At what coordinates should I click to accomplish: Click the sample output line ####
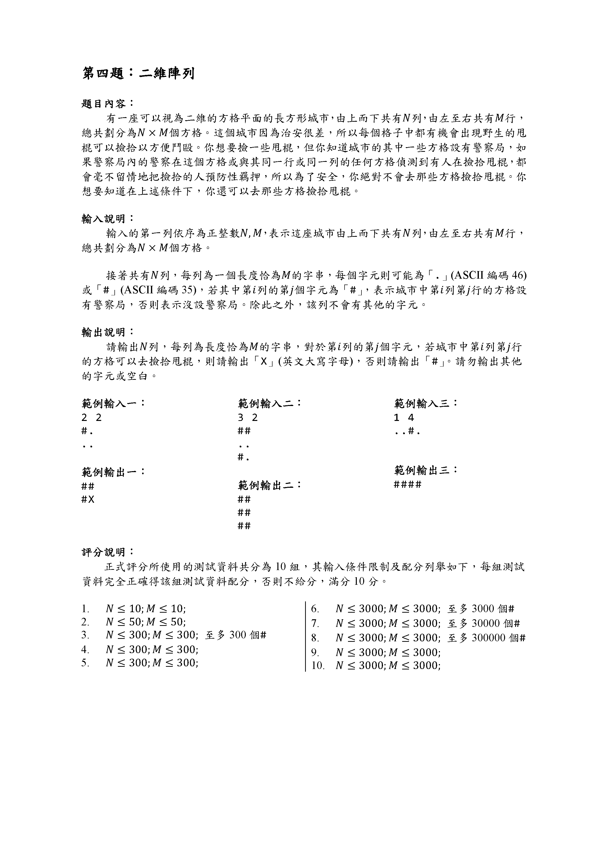coord(408,485)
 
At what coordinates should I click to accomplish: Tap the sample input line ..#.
coord(407,432)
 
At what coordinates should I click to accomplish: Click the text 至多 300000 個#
coord(486,638)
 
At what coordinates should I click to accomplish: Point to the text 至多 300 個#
coord(236,635)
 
